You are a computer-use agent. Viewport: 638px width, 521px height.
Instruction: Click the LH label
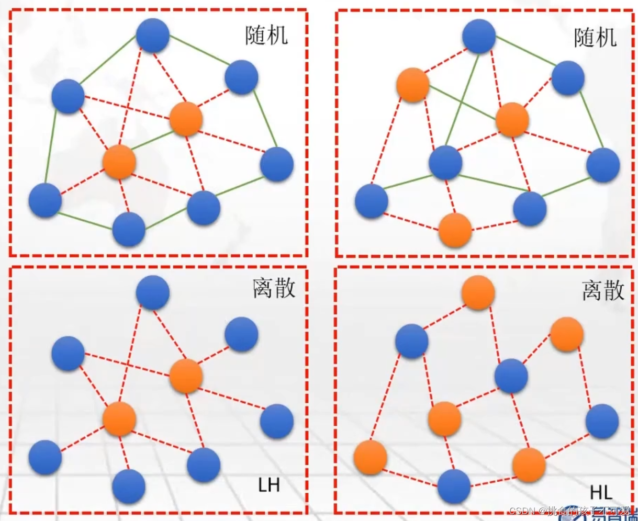269,485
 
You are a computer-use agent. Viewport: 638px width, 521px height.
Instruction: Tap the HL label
601,492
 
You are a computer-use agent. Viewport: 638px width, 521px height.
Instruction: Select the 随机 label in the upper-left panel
266,36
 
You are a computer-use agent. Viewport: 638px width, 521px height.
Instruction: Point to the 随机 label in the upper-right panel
595,38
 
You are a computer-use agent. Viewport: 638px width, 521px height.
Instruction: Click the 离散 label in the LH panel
274,288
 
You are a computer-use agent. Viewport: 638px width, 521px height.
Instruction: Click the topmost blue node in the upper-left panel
153,35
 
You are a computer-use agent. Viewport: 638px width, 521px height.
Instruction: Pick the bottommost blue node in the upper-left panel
129,229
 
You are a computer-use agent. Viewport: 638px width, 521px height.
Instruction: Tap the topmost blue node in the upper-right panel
479,36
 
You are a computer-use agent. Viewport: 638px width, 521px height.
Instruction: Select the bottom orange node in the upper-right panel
455,230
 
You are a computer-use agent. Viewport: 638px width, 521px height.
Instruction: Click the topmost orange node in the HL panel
478,292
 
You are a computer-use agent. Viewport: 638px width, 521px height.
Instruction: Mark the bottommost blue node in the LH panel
129,486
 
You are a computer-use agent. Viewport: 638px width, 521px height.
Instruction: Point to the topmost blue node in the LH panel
153,292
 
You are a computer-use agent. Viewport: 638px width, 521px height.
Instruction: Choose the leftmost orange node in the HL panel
370,457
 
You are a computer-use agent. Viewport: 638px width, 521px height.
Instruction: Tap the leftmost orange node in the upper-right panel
413,85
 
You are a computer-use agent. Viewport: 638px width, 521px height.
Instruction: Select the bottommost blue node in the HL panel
454,486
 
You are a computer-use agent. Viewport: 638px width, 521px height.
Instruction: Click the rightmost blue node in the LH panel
276,421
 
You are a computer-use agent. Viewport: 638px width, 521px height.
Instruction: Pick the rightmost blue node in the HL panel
602,421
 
